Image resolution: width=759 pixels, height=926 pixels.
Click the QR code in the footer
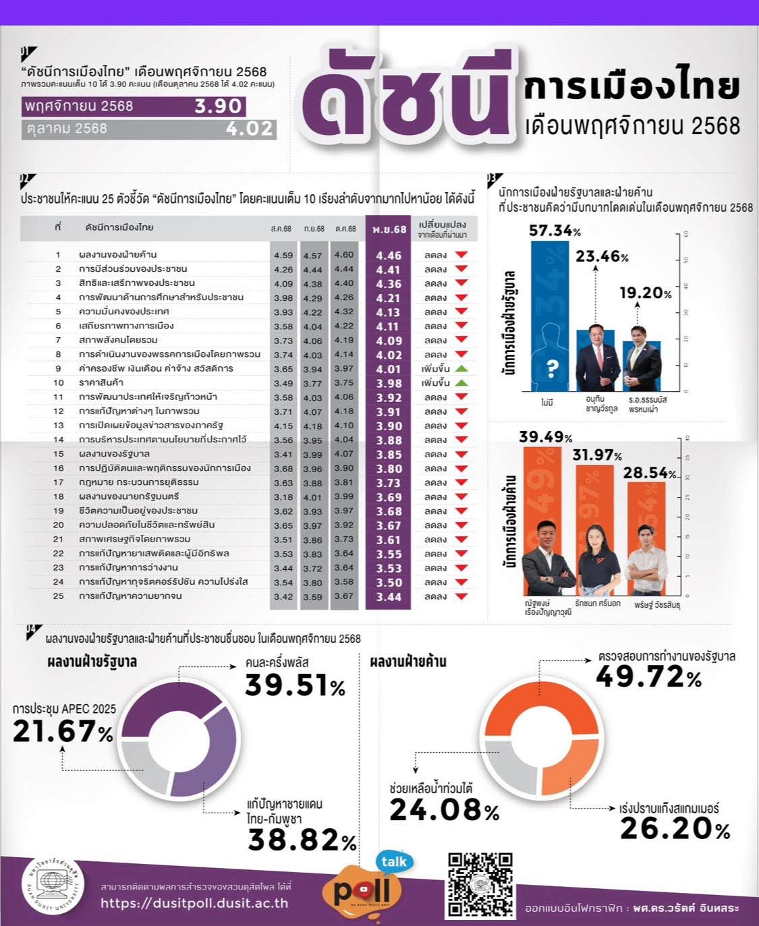[x=480, y=884]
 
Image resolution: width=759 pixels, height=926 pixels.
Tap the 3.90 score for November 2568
[x=218, y=107]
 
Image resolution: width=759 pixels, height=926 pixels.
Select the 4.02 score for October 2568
[x=250, y=128]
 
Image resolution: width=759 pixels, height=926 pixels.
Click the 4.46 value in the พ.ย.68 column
[x=388, y=256]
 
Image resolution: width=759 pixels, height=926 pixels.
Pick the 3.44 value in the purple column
[x=388, y=597]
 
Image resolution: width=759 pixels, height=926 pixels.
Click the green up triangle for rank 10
[x=461, y=383]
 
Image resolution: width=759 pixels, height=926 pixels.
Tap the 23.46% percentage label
[x=602, y=256]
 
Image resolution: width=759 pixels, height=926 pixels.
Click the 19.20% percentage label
[x=646, y=293]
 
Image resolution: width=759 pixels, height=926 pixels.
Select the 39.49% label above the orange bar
[x=545, y=437]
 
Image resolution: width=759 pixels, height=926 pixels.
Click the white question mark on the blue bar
[x=553, y=368]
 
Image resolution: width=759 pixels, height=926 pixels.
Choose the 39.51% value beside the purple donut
[x=295, y=685]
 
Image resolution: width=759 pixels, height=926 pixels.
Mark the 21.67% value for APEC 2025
[x=63, y=731]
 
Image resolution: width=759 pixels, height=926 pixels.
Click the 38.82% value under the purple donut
[x=302, y=840]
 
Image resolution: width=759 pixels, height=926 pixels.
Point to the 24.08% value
[x=444, y=809]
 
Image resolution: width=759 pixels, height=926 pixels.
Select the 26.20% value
[x=675, y=829]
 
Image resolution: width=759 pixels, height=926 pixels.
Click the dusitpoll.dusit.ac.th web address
[x=194, y=903]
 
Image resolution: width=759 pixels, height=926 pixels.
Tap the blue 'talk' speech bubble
[x=393, y=861]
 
